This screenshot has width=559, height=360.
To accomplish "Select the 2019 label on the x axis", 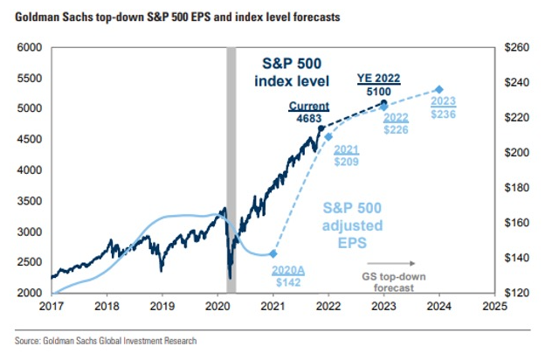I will tap(163, 308).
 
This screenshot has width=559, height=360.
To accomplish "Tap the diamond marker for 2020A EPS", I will tap(273, 253).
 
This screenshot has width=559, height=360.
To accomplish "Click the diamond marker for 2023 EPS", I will tap(439, 89).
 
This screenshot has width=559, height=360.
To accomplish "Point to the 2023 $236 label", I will tap(445, 106).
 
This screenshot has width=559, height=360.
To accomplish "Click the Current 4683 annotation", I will tap(308, 113).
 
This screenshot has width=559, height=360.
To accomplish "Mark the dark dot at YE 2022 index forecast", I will tap(383, 103).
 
